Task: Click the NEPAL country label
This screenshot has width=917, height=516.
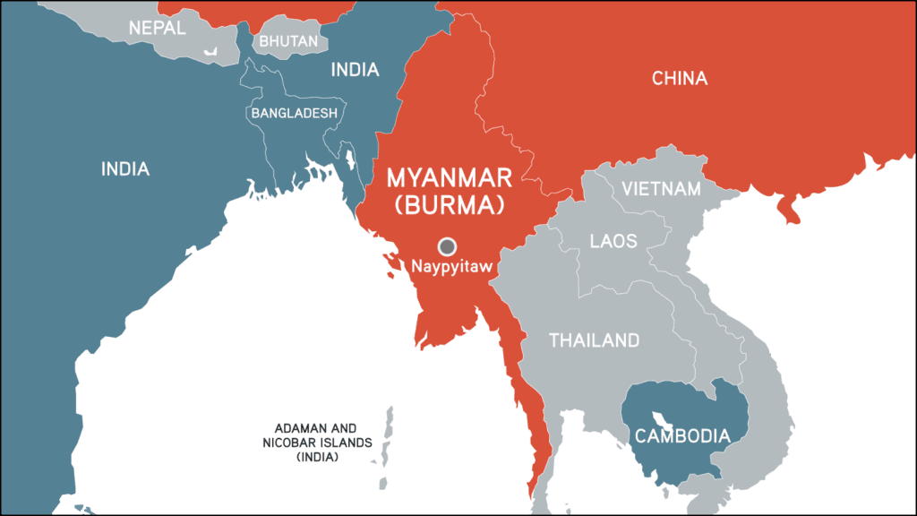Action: [157, 28]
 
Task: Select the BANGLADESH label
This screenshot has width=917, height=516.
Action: [294, 114]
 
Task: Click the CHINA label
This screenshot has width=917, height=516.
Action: [679, 79]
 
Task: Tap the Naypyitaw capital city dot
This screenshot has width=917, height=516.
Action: [447, 246]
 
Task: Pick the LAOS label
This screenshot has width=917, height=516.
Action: [613, 241]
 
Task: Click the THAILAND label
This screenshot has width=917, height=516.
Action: [594, 340]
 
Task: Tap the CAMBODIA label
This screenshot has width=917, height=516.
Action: [681, 437]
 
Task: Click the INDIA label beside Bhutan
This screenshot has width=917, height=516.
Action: [356, 70]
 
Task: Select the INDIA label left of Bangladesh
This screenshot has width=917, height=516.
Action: [124, 168]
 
